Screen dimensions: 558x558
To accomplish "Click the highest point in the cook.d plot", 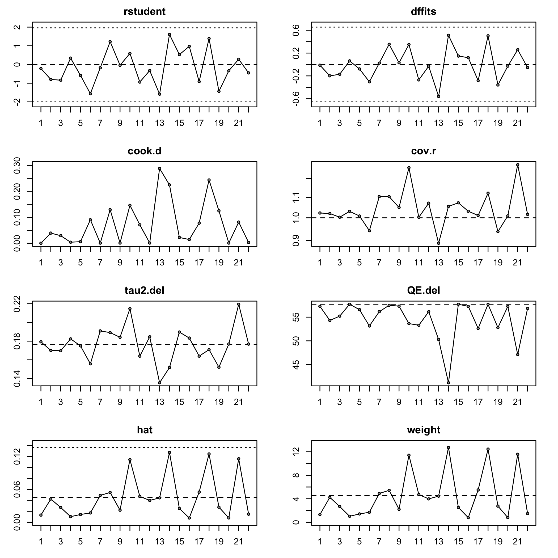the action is (159, 168).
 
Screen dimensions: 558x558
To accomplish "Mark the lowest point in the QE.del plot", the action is (449, 383).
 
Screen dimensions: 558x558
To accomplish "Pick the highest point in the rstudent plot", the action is (170, 35).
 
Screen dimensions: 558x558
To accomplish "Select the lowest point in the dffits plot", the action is (438, 96).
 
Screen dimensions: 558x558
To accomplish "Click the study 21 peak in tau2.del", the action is (239, 304).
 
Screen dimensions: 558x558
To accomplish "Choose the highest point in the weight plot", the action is (449, 447).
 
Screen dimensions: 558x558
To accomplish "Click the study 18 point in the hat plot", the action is (209, 454).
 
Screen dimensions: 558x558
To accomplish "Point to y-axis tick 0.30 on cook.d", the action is (17, 165).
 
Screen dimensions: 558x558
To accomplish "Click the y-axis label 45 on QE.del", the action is (296, 365).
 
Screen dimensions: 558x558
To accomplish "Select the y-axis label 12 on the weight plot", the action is (296, 452).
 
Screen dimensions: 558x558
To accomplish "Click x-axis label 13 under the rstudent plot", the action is (159, 123).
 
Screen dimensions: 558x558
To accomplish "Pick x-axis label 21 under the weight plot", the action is (518, 542).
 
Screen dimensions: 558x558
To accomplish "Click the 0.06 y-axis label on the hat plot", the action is (17, 489).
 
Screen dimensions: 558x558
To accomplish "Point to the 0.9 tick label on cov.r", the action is (296, 240).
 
